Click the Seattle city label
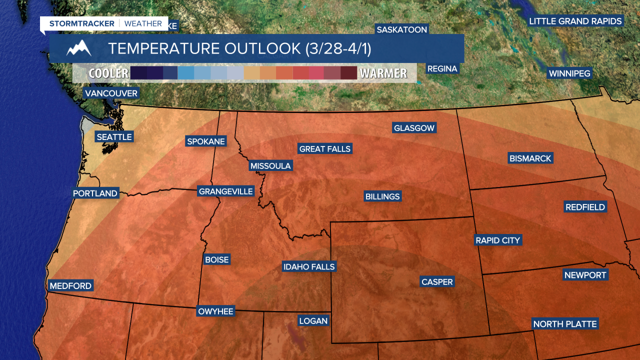[114, 137]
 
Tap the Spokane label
[205, 141]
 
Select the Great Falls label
[325, 149]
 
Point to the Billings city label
[382, 196]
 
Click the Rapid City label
[498, 240]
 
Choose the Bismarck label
[530, 158]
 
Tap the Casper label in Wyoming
[437, 282]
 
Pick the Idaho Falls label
[309, 267]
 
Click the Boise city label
[216, 260]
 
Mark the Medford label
[70, 286]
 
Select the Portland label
[95, 193]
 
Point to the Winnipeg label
[569, 73]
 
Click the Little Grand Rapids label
[575, 21]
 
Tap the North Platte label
[565, 324]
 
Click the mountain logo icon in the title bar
[79, 48]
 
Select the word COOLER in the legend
[108, 73]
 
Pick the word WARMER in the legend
[383, 73]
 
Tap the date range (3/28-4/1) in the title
[337, 48]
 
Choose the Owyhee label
[216, 311]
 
